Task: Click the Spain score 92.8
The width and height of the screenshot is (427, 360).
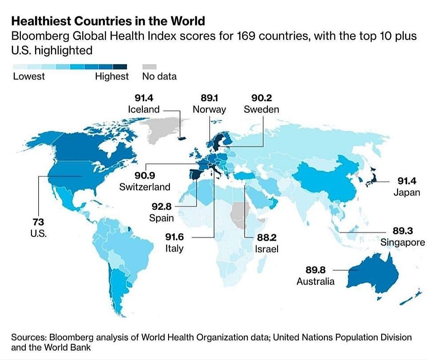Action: tap(161, 206)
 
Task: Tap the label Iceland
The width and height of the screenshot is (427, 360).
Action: tap(143, 109)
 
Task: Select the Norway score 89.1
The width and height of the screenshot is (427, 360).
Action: tap(209, 97)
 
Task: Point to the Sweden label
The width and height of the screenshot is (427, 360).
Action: tap(261, 109)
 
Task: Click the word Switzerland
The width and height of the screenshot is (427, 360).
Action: tap(145, 187)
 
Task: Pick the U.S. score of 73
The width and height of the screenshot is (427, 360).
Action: tap(38, 222)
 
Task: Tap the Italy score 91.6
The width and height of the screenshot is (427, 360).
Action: tap(174, 237)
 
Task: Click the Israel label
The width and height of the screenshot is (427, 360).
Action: tap(266, 249)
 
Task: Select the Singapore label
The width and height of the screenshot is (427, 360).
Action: tap(403, 242)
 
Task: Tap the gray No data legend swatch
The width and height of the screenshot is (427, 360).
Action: tap(150, 66)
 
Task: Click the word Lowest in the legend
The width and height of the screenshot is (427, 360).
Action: tap(29, 77)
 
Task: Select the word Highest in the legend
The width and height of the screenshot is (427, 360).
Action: tap(112, 77)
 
